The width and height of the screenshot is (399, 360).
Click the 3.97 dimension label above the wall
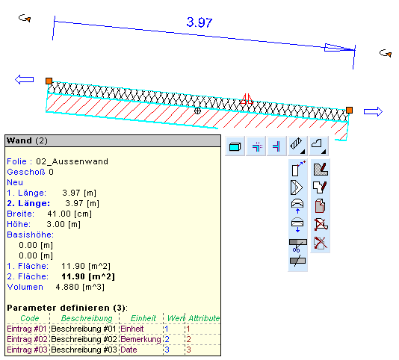click(199, 22)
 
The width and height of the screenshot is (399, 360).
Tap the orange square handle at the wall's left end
click(49, 81)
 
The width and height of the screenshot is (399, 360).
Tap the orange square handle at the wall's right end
click(349, 110)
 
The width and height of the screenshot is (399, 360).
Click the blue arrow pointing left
click(24, 79)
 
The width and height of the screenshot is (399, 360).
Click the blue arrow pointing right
click(373, 112)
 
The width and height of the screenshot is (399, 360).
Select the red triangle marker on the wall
click(247, 99)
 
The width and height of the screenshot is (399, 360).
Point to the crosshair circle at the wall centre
click(197, 111)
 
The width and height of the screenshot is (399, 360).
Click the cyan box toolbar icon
click(235, 147)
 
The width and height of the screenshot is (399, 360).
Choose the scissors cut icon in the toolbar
click(297, 246)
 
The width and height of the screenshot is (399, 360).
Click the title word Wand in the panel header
click(19, 140)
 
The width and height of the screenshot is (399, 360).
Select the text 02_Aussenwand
click(72, 161)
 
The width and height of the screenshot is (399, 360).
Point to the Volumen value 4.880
click(67, 287)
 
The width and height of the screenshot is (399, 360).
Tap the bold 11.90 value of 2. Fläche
click(73, 276)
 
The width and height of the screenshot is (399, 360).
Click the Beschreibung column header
click(87, 318)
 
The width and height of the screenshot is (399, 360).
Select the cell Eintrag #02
click(27, 339)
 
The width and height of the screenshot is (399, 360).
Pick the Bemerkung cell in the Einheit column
click(140, 339)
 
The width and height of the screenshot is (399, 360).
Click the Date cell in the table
click(129, 350)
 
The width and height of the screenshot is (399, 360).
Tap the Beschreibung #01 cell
click(84, 329)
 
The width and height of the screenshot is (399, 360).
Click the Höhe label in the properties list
click(19, 224)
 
